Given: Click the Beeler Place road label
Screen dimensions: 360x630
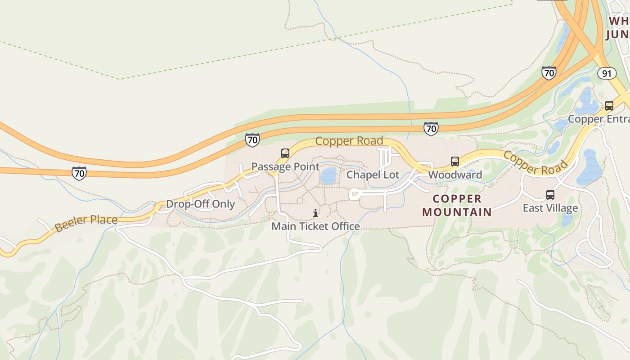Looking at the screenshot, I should (x=86, y=223).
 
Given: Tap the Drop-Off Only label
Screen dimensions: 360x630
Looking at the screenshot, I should (x=201, y=204).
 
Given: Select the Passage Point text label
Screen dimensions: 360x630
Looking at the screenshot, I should (x=285, y=166).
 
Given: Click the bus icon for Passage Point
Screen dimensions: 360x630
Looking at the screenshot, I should (x=285, y=153).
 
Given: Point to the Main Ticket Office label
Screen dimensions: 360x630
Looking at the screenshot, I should (x=315, y=226).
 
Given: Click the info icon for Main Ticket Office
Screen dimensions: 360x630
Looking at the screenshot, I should (x=315, y=213).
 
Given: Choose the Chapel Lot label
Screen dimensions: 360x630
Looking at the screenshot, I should (x=373, y=175).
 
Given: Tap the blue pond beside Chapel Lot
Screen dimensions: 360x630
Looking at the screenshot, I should (x=329, y=176).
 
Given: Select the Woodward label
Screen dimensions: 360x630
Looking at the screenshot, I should (x=455, y=175).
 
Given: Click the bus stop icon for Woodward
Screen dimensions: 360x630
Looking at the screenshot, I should (x=455, y=162).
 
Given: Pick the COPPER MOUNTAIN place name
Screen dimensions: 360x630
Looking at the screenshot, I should (x=457, y=205).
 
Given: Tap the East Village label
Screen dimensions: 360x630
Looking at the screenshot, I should (x=550, y=208).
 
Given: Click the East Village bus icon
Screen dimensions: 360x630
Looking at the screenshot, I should (x=550, y=195).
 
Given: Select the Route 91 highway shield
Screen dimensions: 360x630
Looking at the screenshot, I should (x=607, y=73).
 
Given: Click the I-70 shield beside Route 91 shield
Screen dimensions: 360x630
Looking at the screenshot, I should (x=549, y=73).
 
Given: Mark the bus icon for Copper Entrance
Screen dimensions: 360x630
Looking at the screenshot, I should (x=609, y=106).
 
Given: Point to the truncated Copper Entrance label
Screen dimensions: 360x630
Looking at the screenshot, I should (x=598, y=119).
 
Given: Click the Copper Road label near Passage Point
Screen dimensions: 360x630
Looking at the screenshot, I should (x=349, y=141).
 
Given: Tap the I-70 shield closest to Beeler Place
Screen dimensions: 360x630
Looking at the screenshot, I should (x=79, y=173).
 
